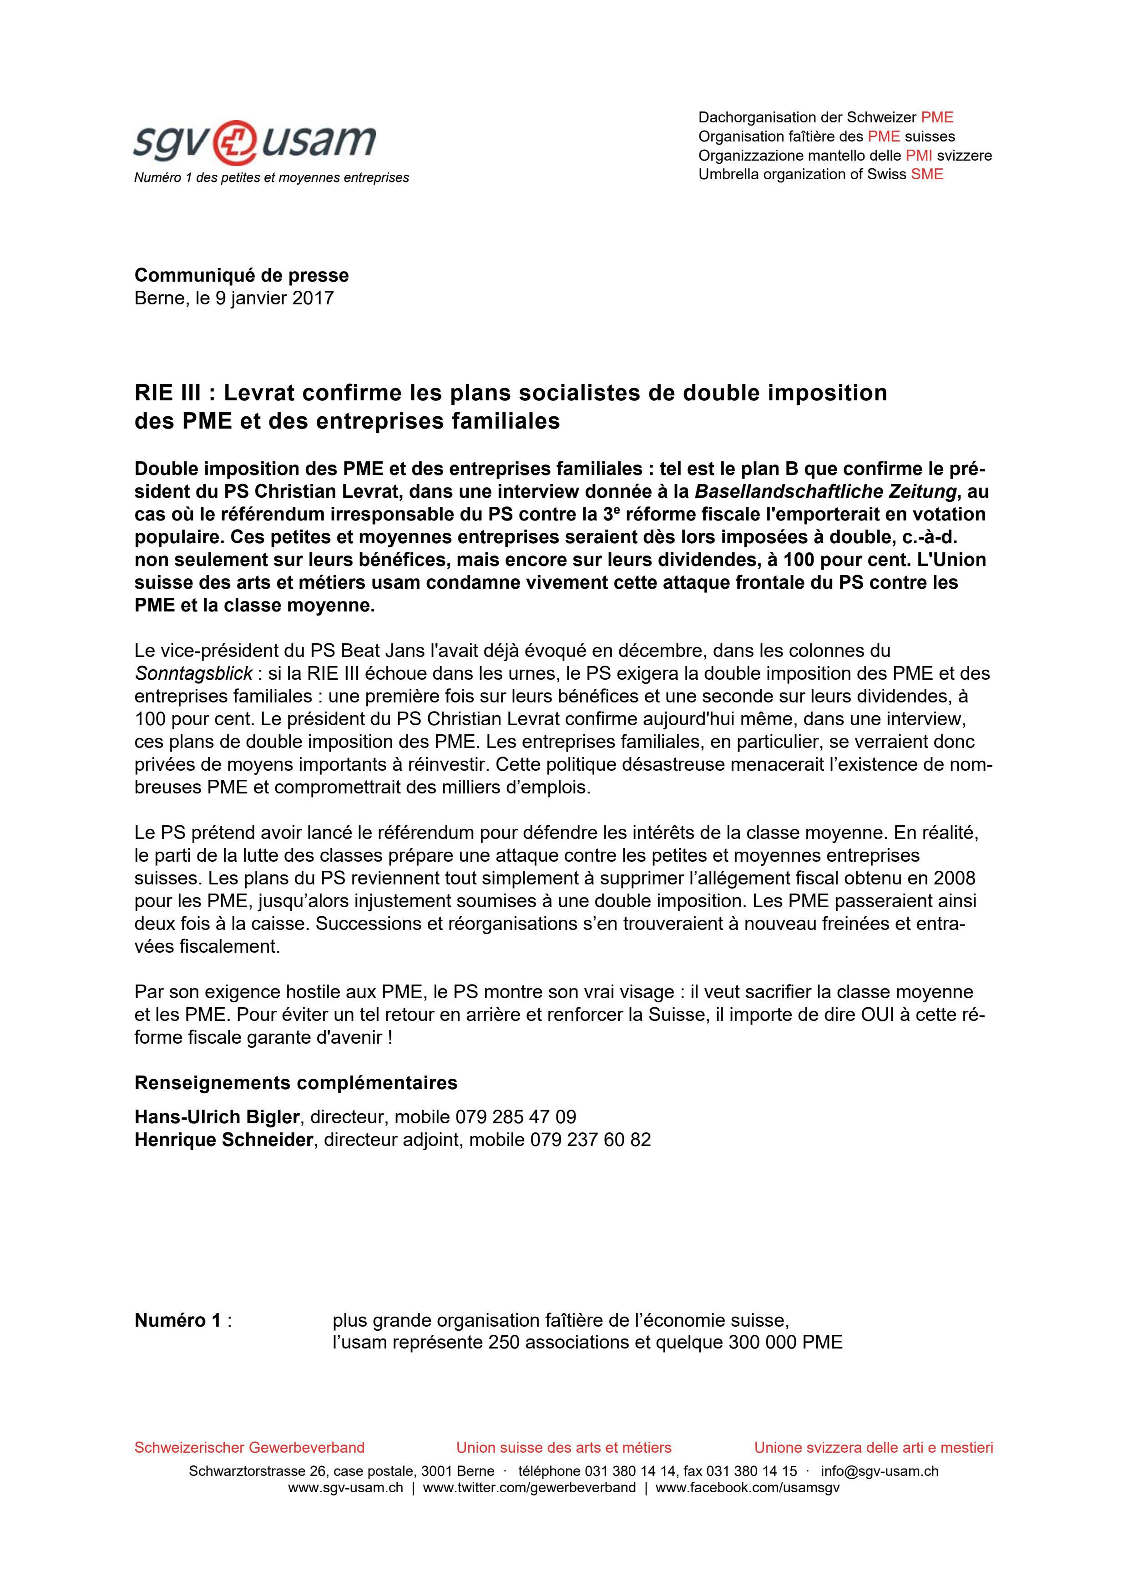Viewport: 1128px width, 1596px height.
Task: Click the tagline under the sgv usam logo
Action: point(271,178)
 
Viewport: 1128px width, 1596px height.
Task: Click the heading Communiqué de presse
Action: point(241,275)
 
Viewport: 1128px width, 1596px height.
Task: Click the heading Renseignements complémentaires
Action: point(295,1083)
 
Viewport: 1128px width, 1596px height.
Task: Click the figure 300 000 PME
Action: point(784,1342)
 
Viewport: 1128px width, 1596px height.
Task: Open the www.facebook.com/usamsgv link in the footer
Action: point(747,1488)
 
